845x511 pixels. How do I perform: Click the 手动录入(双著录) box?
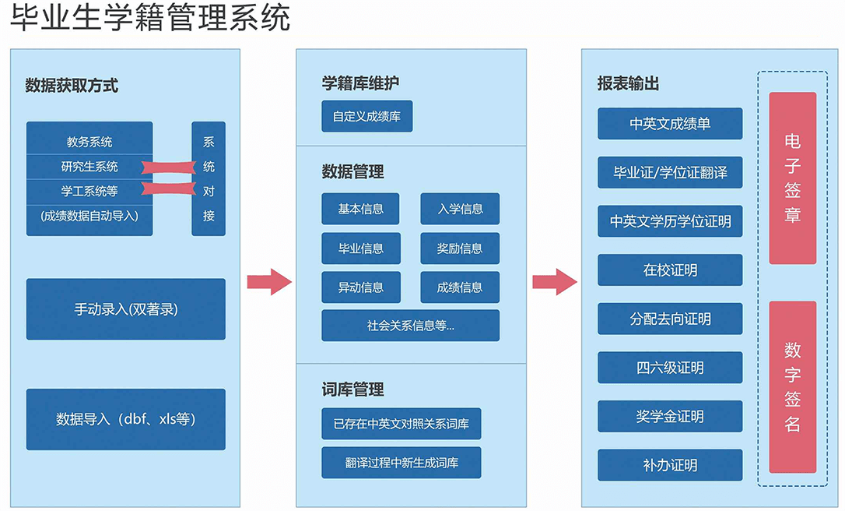tap(126, 309)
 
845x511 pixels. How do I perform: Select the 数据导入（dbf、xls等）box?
tap(126, 419)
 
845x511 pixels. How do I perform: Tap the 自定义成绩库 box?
tap(367, 116)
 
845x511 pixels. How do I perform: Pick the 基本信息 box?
tap(360, 209)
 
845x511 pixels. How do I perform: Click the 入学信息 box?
tap(460, 209)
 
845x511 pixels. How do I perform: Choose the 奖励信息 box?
tap(460, 248)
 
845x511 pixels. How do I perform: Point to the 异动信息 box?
tap(360, 287)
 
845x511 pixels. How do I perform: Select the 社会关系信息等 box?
tap(410, 326)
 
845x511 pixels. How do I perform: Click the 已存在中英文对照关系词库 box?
tap(401, 424)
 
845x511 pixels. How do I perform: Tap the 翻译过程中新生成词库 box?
tap(401, 463)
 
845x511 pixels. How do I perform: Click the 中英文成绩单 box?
tap(670, 124)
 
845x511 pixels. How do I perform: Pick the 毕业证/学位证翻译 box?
tap(670, 172)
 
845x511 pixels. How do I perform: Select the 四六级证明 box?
tap(670, 368)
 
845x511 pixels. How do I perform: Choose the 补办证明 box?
tap(670, 465)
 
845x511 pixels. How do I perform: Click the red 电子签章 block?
tap(792, 178)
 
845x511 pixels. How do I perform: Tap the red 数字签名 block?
tap(792, 387)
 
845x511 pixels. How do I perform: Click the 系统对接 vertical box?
tap(209, 178)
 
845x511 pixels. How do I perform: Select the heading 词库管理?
tap(352, 389)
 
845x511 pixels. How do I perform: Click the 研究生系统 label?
tap(89, 167)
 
